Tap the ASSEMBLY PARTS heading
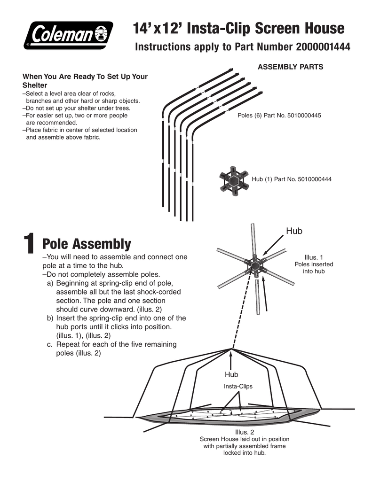[290, 67]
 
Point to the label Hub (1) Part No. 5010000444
[292, 179]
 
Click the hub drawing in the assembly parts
[233, 179]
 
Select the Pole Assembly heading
[87, 244]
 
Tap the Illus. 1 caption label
[314, 257]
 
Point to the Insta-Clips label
[238, 387]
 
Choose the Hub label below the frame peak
[231, 374]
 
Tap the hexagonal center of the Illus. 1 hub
[255, 266]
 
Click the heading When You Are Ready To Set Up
[85, 77]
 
